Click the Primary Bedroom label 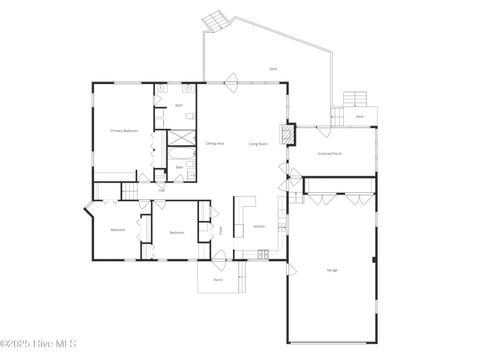[x=124, y=131]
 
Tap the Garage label [x=332, y=270]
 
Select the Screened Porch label [x=329, y=153]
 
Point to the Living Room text [x=257, y=144]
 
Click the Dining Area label [x=214, y=144]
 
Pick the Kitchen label [x=258, y=226]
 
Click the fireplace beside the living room [x=288, y=134]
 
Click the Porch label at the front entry [x=218, y=281]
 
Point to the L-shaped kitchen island [x=241, y=215]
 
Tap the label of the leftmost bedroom [x=118, y=229]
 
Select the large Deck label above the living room [x=273, y=68]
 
